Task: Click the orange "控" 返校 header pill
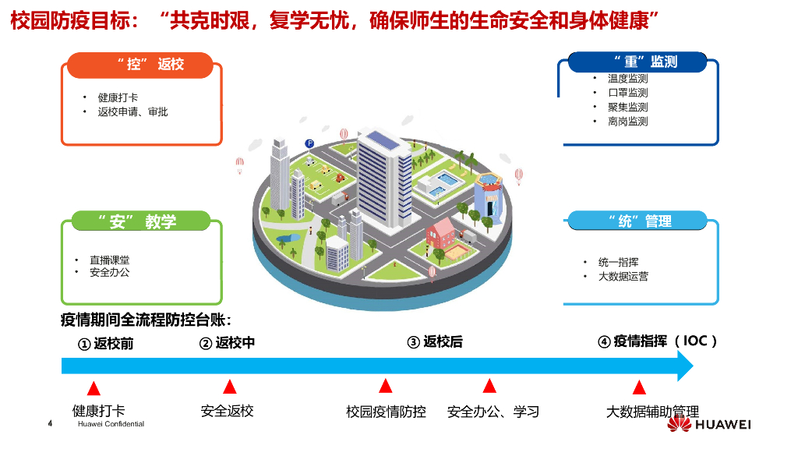pos(140,65)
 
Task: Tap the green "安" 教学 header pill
pos(140,222)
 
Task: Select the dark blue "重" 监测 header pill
pos(637,62)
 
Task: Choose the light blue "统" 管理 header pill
pos(637,221)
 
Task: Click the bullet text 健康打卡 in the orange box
pos(118,98)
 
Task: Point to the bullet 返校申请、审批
pos(132,112)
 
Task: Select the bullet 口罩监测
pos(627,93)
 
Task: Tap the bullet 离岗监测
pos(627,122)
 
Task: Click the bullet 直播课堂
pos(109,260)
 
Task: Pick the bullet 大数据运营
pos(623,276)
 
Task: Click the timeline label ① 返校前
pos(105,343)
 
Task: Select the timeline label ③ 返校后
pos(435,342)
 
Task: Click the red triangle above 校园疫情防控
pos(385,386)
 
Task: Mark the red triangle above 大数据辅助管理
pos(639,387)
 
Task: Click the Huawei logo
pos(710,425)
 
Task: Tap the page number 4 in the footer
pos(51,424)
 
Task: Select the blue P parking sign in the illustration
pos(309,143)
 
